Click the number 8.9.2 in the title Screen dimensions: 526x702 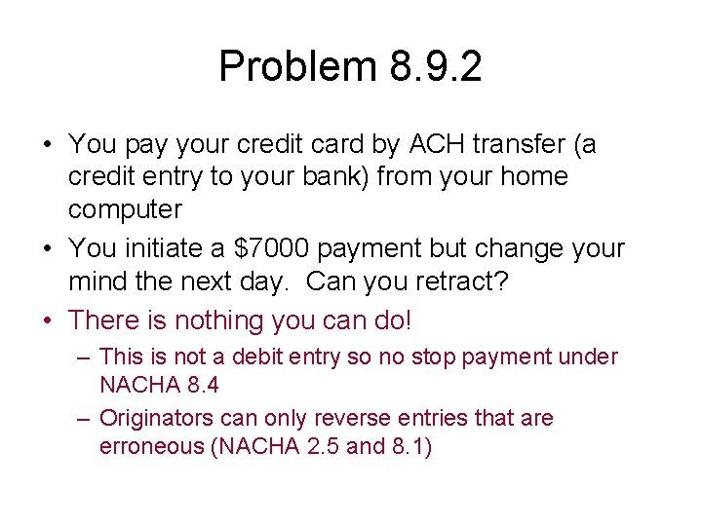click(x=435, y=66)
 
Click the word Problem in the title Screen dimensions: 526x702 click(x=297, y=66)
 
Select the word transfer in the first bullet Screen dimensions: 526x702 click(x=523, y=144)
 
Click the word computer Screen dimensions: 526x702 click(x=125, y=209)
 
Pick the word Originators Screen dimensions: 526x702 click(x=164, y=418)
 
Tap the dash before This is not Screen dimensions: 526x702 click(x=84, y=357)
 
